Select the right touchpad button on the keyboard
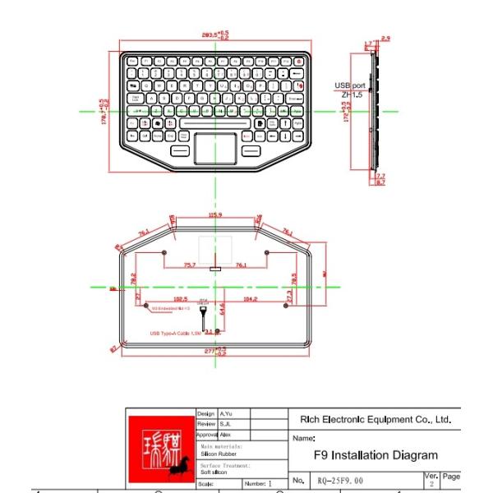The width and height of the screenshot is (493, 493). point(251,151)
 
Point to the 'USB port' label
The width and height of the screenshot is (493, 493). point(350,85)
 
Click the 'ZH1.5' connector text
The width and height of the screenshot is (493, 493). point(352,94)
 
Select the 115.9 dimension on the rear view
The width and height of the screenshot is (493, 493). point(215,215)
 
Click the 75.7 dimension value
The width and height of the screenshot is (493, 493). point(189,265)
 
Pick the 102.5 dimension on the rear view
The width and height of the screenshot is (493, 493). point(180,299)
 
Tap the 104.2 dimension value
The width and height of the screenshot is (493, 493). point(251,299)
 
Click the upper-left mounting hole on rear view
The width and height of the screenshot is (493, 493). point(164,252)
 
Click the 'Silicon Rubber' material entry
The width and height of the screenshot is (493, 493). point(217,454)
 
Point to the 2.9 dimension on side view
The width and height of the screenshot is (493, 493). point(385,39)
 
